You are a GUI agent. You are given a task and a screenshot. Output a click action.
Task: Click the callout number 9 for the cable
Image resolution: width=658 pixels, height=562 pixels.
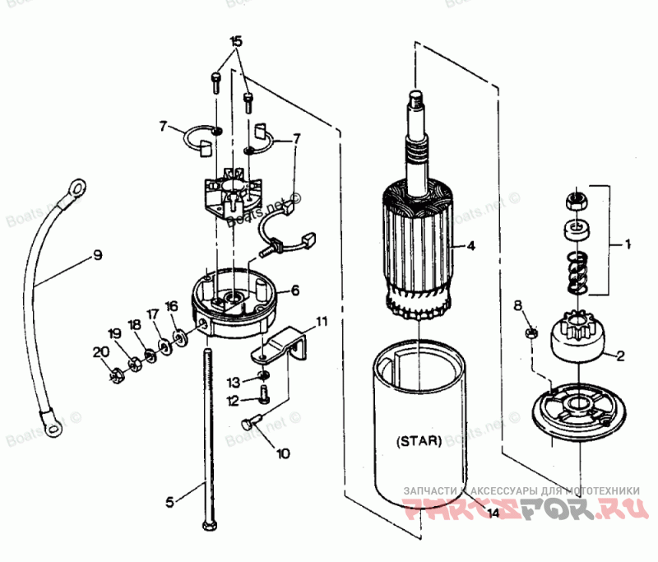(97, 255)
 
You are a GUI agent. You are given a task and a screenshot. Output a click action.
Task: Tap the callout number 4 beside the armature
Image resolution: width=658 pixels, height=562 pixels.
(470, 245)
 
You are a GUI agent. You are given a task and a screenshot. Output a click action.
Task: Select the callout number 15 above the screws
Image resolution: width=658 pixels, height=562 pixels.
(236, 41)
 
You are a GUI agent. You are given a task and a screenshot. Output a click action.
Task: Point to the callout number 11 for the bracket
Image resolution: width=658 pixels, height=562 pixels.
(321, 320)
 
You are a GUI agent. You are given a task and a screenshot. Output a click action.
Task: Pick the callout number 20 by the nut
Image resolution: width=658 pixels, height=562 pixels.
(100, 352)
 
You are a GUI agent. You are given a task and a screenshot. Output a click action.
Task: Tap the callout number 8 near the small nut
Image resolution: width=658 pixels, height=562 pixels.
(517, 306)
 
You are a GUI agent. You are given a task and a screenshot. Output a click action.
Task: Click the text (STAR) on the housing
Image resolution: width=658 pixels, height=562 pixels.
(419, 439)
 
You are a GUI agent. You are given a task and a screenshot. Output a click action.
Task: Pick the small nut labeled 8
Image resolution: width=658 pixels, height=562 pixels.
(531, 332)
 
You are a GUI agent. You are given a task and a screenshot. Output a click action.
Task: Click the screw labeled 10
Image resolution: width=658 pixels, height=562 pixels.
(253, 423)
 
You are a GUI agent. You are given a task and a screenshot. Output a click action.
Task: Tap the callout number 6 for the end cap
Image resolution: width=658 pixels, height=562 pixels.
(294, 290)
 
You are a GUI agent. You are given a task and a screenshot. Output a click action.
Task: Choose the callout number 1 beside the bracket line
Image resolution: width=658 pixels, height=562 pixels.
(628, 244)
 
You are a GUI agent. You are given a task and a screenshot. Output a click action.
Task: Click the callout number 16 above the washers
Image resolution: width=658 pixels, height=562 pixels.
(171, 306)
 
